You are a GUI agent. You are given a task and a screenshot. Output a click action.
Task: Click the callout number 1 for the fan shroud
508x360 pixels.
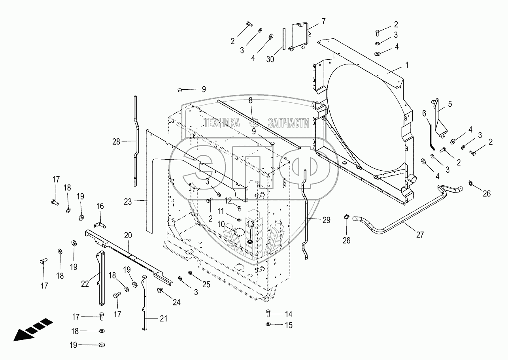[x=407, y=65]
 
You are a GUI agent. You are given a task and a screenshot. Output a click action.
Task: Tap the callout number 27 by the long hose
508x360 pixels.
[x=420, y=235]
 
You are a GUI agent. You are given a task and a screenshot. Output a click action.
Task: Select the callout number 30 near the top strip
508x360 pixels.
[x=270, y=59]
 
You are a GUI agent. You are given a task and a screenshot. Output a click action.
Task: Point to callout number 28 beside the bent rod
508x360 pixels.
[x=116, y=142]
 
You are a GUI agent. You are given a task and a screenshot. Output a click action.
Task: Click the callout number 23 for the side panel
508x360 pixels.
[x=128, y=202]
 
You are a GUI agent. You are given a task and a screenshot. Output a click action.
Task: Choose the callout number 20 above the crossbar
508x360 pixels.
[x=128, y=235]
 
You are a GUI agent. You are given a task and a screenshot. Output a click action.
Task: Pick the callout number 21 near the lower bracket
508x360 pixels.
[x=164, y=319]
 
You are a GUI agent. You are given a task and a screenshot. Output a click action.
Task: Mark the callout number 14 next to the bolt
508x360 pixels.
[x=289, y=314]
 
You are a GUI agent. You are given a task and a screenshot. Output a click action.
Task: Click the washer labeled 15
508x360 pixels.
[x=268, y=324]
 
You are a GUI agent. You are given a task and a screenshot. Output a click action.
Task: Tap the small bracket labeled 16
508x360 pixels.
[x=100, y=225]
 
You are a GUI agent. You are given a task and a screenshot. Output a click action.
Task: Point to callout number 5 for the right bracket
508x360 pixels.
[x=450, y=104]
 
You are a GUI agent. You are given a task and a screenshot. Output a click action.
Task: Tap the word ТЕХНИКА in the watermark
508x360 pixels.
[x=222, y=123]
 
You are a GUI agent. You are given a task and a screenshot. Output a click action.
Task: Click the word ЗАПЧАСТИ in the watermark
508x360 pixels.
[x=289, y=123]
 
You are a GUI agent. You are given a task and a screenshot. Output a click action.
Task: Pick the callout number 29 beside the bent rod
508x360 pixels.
[x=326, y=220]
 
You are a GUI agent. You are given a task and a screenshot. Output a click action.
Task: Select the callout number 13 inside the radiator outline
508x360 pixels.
[x=250, y=224]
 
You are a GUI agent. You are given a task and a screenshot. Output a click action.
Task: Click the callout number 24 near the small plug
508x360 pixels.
[x=176, y=302]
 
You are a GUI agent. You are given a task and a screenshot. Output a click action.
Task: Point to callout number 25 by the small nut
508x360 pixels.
[x=206, y=285]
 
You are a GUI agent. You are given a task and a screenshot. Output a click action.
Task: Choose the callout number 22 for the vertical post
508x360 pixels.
[x=85, y=284]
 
